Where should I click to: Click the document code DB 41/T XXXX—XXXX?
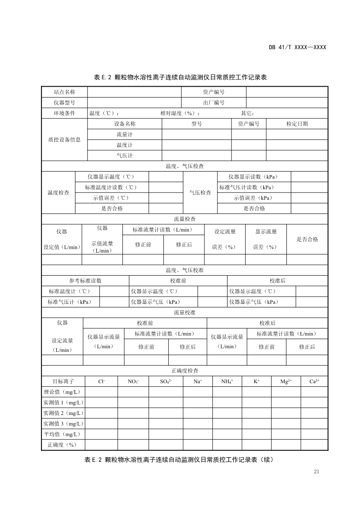297,47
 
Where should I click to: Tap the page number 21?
316,472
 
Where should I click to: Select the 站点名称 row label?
64,92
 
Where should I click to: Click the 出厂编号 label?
214,103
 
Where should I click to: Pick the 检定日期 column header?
297,124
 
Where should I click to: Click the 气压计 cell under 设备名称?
124,156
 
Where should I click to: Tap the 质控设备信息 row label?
64,140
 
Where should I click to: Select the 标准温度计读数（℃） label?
112,187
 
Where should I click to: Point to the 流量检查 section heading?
184,219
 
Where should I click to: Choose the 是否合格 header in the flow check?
307,239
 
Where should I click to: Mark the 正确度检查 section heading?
184,371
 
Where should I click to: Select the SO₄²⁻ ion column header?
166,381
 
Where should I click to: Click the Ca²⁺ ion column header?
314,381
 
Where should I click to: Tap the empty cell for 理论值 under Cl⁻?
101,392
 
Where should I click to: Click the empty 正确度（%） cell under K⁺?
256,445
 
